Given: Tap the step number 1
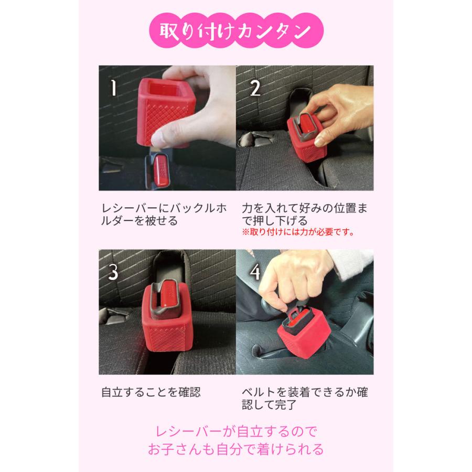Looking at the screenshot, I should point(113,88).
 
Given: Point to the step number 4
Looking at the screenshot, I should point(255,273).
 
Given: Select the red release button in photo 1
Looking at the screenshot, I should point(162,174).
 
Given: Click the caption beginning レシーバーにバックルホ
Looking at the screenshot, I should point(162,214).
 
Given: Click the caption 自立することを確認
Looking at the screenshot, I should point(151,392).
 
